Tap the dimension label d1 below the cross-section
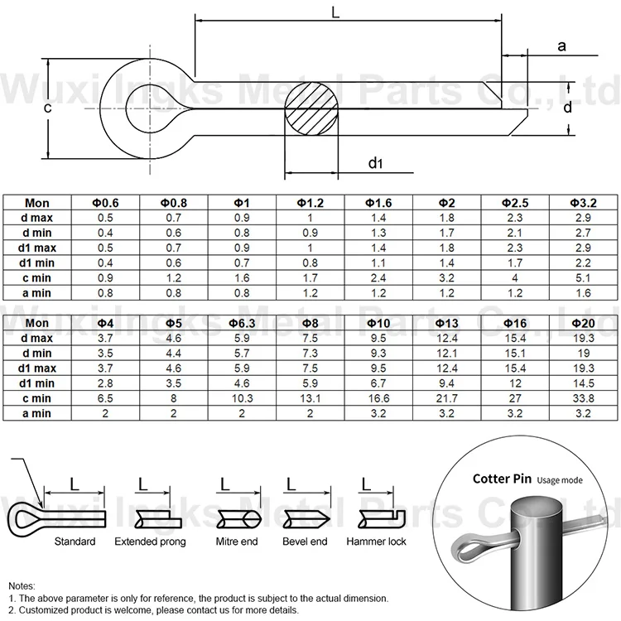(x=375, y=163)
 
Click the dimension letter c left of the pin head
(x=48, y=109)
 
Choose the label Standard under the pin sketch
(x=75, y=542)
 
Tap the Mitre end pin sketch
(x=238, y=519)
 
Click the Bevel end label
(x=306, y=542)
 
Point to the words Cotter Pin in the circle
(x=502, y=479)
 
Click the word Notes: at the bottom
(x=23, y=584)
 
